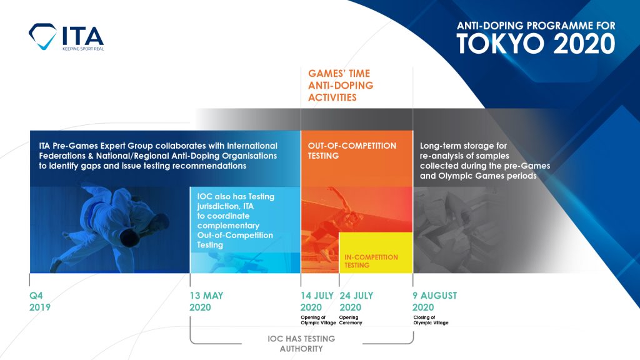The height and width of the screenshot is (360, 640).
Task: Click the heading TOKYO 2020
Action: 535,44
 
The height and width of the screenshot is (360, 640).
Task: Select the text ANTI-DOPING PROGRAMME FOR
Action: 536,26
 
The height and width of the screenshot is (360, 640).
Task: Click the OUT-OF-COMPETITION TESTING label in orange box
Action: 352,151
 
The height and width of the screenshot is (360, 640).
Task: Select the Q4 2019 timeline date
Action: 40,301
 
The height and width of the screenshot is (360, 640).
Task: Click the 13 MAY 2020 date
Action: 206,301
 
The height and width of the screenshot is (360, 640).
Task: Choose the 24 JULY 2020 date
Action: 356,301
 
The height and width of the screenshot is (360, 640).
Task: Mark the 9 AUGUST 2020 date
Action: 434,301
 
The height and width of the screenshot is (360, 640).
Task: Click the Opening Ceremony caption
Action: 351,320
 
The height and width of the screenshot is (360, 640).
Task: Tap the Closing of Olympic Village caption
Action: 430,320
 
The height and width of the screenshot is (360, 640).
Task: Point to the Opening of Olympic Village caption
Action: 317,320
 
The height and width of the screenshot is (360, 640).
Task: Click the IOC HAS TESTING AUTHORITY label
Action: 302,344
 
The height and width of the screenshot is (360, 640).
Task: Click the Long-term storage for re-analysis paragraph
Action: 484,161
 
